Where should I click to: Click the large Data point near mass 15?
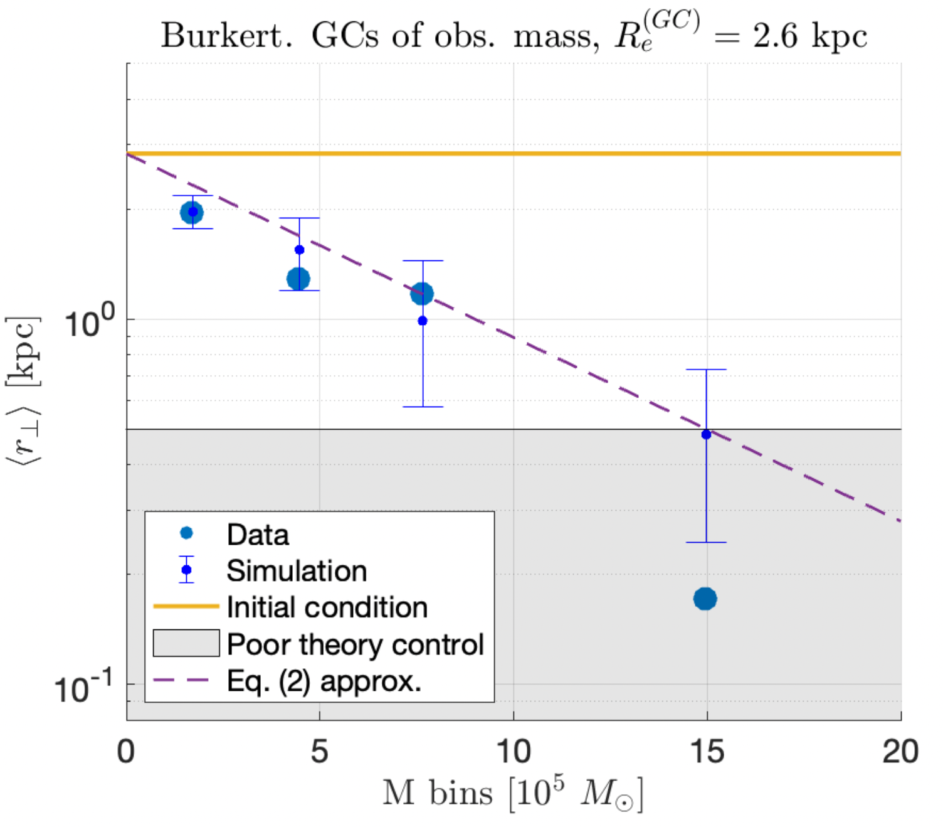(x=705, y=599)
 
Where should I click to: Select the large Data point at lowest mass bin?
(x=191, y=213)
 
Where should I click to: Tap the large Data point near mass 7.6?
(x=422, y=293)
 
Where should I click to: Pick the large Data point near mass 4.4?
(x=298, y=279)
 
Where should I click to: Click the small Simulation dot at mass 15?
(x=706, y=434)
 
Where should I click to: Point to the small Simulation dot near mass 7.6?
(x=423, y=321)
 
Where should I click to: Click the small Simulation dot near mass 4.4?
(x=299, y=250)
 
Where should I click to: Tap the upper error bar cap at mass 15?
(x=706, y=370)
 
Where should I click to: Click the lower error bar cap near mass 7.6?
(x=423, y=407)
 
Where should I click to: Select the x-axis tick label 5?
(x=320, y=751)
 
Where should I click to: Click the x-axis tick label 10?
(x=514, y=751)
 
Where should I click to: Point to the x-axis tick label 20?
(x=900, y=751)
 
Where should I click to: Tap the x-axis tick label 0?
(x=126, y=751)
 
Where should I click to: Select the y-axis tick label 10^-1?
(x=84, y=686)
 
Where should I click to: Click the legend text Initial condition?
(x=327, y=607)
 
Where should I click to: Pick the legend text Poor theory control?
(x=355, y=644)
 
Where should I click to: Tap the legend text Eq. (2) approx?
(x=324, y=681)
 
